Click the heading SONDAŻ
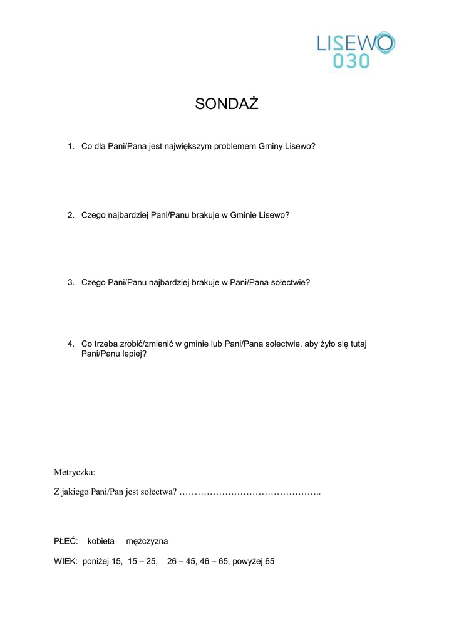point(227,104)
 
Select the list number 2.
point(71,214)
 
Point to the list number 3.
point(71,282)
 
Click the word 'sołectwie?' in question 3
point(290,282)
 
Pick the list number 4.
point(71,344)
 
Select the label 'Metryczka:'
point(75,471)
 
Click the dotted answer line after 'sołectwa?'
point(250,492)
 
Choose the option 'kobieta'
point(101,540)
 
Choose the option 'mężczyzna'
point(147,540)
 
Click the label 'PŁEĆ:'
point(66,540)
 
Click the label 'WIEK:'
point(66,561)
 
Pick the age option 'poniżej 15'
point(103,561)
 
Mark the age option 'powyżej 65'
point(253,561)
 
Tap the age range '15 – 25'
point(142,561)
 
